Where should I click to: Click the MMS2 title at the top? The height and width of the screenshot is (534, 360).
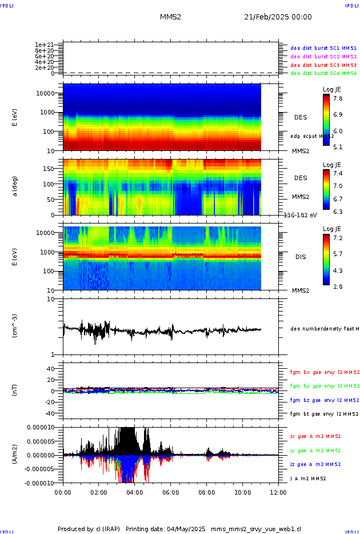170,17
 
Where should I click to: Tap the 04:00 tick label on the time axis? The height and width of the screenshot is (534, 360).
134,491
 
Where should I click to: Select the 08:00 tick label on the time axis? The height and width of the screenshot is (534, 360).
206,491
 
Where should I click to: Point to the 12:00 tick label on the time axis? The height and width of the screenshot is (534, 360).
278,491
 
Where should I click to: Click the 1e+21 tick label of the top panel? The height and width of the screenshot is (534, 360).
44,45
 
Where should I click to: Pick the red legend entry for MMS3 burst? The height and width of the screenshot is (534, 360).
323,66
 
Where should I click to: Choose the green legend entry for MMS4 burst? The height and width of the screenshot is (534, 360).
323,74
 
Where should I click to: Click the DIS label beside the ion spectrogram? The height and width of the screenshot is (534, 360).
301,257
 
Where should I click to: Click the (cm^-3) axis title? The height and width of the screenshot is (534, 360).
15,327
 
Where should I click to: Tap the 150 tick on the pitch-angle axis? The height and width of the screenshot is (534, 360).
52,169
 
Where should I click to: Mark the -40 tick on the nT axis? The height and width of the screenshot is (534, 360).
50,413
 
